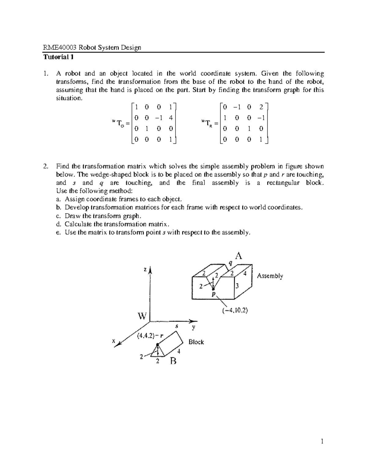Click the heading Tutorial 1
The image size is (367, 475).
(x=58, y=57)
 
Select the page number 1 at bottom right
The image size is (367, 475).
(x=322, y=441)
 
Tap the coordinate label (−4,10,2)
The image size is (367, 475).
(x=235, y=310)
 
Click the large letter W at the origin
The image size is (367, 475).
(x=142, y=316)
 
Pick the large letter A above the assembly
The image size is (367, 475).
(x=238, y=256)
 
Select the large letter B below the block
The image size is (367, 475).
(x=173, y=361)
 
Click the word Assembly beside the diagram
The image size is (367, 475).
(x=270, y=276)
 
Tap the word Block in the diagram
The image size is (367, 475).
(x=196, y=342)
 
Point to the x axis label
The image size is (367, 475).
(x=113, y=341)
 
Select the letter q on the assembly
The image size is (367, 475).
(x=230, y=263)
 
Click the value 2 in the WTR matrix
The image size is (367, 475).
(x=261, y=107)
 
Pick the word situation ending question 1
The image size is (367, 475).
(x=69, y=98)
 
